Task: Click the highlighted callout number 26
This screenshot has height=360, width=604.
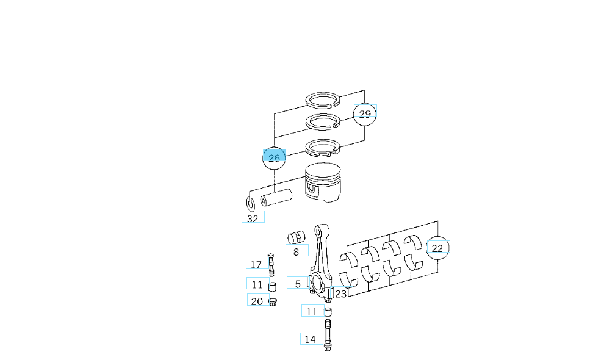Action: (274, 158)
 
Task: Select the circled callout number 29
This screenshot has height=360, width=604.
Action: (365, 113)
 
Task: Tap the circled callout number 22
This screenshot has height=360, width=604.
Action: (437, 248)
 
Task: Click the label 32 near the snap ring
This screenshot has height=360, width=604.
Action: (253, 218)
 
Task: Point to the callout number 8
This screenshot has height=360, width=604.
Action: (296, 252)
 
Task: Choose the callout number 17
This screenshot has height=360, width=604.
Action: (256, 264)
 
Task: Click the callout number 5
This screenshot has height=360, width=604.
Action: (297, 284)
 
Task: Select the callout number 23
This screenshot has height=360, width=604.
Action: (341, 293)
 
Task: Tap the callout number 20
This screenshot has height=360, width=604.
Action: (257, 301)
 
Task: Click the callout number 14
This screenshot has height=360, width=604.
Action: (310, 340)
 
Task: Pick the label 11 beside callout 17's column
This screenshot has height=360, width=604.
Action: (257, 285)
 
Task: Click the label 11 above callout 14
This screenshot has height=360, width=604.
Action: (312, 311)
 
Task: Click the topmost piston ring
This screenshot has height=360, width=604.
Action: (323, 100)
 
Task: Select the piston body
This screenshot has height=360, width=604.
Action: (323, 182)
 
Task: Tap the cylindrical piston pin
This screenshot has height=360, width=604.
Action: (276, 197)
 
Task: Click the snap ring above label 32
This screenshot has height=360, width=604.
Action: (250, 204)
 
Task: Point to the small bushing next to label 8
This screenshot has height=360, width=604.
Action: (296, 237)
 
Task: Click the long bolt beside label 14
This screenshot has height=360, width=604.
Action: (328, 335)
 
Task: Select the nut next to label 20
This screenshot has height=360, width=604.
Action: (273, 302)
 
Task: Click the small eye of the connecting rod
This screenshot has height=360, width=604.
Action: (319, 231)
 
